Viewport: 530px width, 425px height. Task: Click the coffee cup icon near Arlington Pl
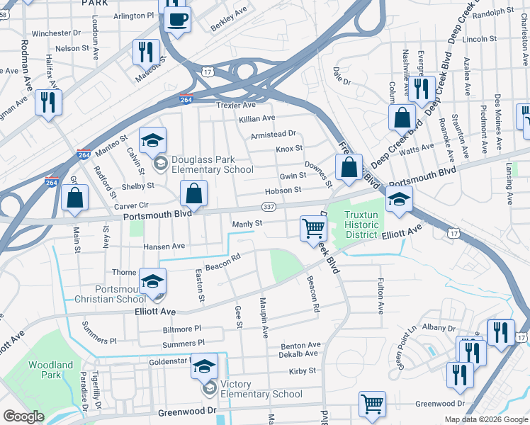(177, 18)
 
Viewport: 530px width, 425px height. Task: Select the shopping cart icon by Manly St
(312, 228)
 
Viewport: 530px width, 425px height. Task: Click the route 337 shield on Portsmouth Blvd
(268, 206)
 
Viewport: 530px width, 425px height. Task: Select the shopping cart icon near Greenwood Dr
(372, 404)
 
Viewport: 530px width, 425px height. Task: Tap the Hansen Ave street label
(164, 246)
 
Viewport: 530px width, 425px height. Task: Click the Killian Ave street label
(256, 118)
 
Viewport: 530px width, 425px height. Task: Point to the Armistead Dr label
(273, 134)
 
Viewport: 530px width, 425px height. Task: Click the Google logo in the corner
(23, 416)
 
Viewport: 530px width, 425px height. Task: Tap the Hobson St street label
(283, 190)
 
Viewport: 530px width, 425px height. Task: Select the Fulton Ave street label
(380, 296)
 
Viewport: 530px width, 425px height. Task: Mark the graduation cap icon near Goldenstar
(204, 365)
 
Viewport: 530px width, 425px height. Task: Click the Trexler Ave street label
(235, 105)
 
